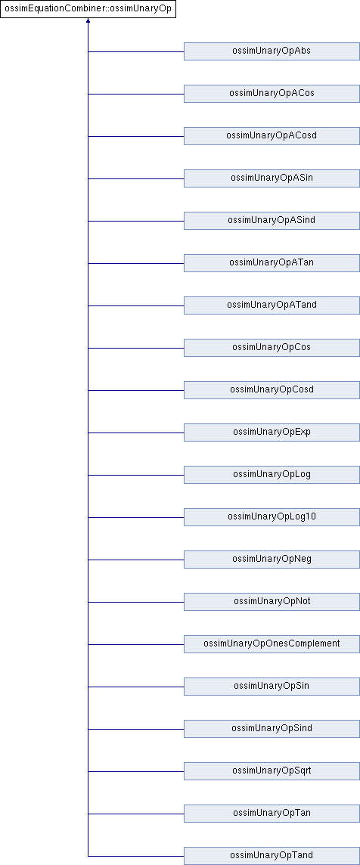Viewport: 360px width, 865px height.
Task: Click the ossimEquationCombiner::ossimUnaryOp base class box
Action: pyautogui.click(x=88, y=9)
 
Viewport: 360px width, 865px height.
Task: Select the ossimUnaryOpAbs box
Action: pyautogui.click(x=272, y=51)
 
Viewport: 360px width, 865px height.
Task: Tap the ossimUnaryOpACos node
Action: pyautogui.click(x=272, y=94)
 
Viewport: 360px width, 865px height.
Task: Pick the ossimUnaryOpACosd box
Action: pyautogui.click(x=272, y=136)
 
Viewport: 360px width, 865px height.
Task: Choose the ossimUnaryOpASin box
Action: pyautogui.click(x=272, y=178)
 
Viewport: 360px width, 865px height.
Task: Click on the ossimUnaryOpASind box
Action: pyautogui.click(x=272, y=221)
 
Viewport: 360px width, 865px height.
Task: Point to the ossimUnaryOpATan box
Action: pyautogui.click(x=272, y=263)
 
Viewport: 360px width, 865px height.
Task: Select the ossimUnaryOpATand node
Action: pyautogui.click(x=272, y=305)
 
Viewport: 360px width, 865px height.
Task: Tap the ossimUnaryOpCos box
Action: pyautogui.click(x=272, y=348)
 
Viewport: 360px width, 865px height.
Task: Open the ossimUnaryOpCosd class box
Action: pyautogui.click(x=272, y=390)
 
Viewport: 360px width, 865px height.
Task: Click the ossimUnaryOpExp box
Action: pyautogui.click(x=272, y=432)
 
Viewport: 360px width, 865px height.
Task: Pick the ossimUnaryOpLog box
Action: pyautogui.click(x=272, y=474)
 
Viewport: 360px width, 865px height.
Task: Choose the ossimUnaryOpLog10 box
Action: pyautogui.click(x=272, y=517)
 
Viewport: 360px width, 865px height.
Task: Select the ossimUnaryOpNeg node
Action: pyautogui.click(x=272, y=560)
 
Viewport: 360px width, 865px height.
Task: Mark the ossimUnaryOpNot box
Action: pyautogui.click(x=272, y=601)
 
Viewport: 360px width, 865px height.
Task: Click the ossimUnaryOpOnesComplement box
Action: pyautogui.click(x=272, y=643)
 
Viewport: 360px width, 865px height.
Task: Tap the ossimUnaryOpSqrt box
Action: pyautogui.click(x=272, y=770)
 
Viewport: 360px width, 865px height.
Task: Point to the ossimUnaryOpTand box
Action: pyautogui.click(x=272, y=856)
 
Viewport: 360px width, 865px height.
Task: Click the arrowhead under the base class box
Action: pyautogui.click(x=88, y=21)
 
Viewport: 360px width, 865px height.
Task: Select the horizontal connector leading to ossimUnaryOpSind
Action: pyautogui.click(x=136, y=729)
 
